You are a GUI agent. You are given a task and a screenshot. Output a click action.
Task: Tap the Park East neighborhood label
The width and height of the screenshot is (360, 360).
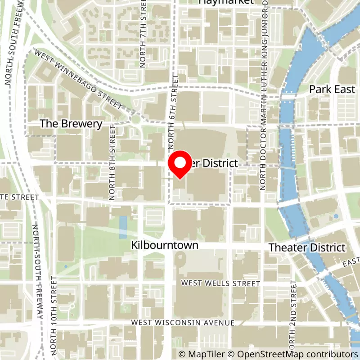(x=332, y=89)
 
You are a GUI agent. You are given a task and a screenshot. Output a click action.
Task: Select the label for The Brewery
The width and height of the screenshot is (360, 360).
(x=71, y=124)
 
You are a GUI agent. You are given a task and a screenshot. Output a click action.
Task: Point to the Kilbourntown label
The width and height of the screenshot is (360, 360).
(x=165, y=246)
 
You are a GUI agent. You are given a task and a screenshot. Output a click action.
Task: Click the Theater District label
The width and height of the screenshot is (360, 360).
(x=307, y=247)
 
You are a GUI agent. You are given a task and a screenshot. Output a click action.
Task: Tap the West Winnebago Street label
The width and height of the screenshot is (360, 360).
(x=78, y=79)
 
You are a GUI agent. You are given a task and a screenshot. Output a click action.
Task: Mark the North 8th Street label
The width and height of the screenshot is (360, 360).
(x=112, y=162)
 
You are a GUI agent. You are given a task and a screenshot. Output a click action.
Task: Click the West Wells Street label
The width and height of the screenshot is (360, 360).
(x=220, y=283)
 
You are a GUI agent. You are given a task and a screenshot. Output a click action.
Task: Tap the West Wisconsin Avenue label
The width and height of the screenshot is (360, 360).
(x=183, y=323)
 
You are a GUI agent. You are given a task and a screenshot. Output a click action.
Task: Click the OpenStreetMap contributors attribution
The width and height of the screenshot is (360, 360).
(x=291, y=354)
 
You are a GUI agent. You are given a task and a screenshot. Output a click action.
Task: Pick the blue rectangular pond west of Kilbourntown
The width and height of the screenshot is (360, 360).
(x=123, y=227)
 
